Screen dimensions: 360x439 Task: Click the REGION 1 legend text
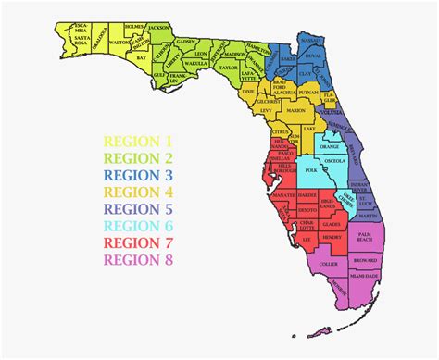click(x=138, y=142)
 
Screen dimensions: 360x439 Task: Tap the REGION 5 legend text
click(x=138, y=208)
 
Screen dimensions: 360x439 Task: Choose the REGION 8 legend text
click(x=138, y=258)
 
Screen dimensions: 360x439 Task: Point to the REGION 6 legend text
click(x=138, y=225)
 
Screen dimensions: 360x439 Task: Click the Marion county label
click(x=295, y=110)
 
